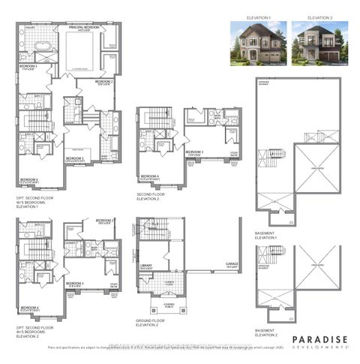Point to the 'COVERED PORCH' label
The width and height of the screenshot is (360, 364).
[x=163, y=304]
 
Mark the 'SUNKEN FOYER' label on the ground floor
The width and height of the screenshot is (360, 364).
[x=169, y=283]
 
